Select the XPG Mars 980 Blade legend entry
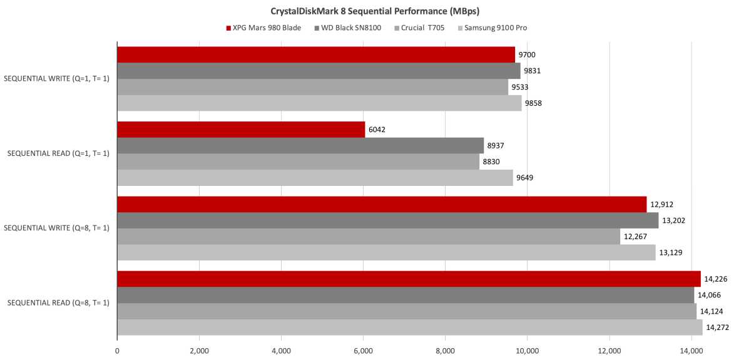coord(265,28)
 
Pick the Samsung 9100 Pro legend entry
coord(494,28)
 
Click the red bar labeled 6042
coord(241,130)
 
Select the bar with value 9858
coord(319,103)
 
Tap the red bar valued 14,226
coord(409,279)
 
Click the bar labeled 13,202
coord(388,220)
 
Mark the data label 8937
coord(496,146)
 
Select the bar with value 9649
coord(315,178)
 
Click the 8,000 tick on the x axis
coord(445,351)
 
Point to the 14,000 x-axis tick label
coord(691,351)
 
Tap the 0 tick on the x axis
coord(118,351)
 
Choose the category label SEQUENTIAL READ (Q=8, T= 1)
coord(58,303)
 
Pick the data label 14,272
coord(717,327)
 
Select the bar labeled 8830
coord(299,162)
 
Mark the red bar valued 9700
coord(316,55)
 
